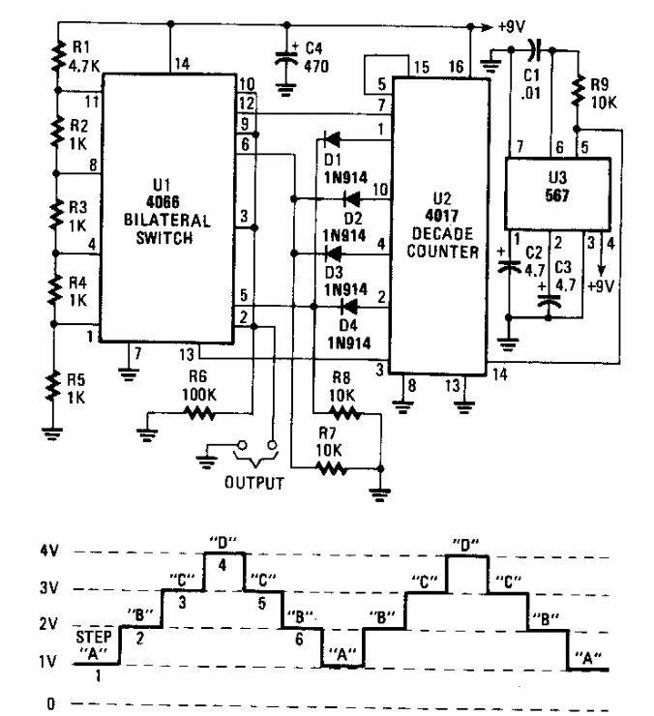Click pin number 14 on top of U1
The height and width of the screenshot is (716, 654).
[182, 66]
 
